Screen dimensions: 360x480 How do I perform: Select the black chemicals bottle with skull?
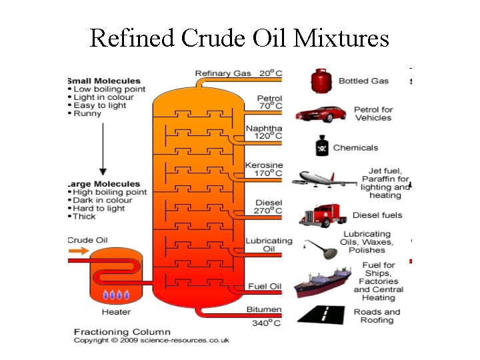321,147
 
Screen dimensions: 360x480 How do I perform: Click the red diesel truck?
323,215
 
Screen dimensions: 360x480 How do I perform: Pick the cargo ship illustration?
322,282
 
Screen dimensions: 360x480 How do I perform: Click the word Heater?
116,311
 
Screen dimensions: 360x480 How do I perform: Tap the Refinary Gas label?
223,73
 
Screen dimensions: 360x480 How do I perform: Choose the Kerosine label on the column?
263,165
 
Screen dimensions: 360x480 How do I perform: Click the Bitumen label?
264,310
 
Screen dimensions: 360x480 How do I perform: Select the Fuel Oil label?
264,287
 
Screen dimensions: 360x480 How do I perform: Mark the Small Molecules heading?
104,81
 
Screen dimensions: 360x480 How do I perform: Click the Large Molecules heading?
104,184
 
